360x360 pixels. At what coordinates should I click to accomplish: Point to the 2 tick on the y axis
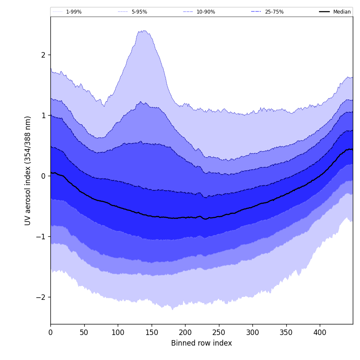click(43, 55)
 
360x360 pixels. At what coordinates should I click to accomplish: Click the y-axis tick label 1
click(43, 116)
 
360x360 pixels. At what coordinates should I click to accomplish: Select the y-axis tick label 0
click(43, 176)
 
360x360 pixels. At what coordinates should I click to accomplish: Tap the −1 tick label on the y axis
click(41, 237)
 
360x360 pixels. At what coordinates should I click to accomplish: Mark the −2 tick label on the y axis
click(41, 297)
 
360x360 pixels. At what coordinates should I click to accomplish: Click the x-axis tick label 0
click(50, 333)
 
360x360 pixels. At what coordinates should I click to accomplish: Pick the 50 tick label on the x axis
click(84, 333)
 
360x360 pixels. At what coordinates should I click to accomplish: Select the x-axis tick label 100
click(118, 333)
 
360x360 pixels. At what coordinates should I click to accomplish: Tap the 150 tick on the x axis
click(151, 333)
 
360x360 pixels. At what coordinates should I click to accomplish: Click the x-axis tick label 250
click(219, 333)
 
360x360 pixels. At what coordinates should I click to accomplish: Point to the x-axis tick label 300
click(252, 333)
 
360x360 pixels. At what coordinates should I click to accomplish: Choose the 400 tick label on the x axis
click(320, 333)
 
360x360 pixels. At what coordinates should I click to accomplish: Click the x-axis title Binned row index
click(201, 343)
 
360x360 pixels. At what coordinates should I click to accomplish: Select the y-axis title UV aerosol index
click(28, 170)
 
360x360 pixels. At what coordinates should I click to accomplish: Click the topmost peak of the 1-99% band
click(144, 30)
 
